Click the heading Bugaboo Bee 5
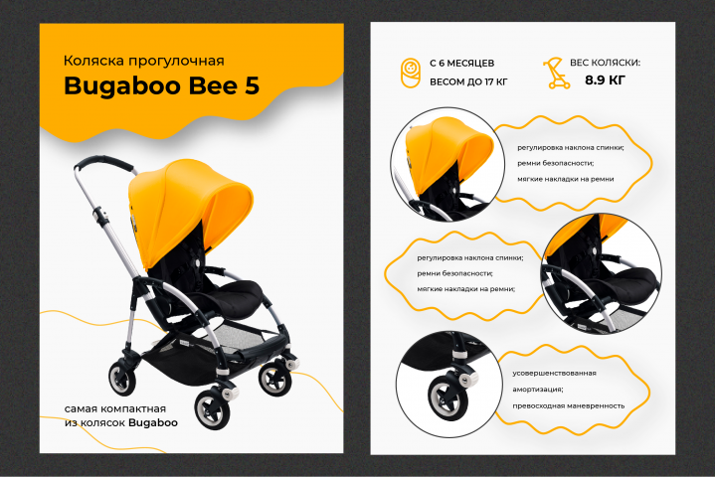[x=161, y=86]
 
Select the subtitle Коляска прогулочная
[x=143, y=61]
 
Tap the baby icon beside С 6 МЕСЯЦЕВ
[x=411, y=73]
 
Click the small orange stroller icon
[x=556, y=73]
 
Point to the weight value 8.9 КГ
[x=605, y=80]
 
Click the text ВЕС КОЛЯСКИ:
[x=605, y=63]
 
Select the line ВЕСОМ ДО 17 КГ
[x=468, y=82]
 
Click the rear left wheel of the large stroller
[x=122, y=378]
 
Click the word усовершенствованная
[x=554, y=373]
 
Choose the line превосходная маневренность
[x=568, y=405]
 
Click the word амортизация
[x=537, y=390]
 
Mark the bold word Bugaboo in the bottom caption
[x=153, y=423]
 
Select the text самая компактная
[x=115, y=408]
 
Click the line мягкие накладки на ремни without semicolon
[x=566, y=179]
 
